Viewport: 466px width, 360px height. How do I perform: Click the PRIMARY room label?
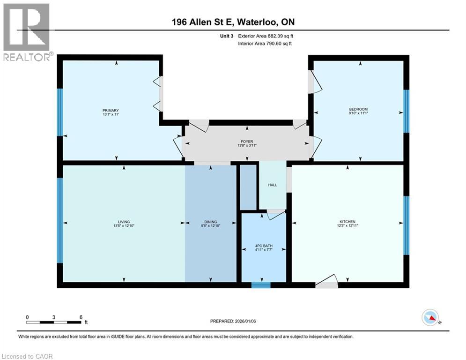coord(111,111)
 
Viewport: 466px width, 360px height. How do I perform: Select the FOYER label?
coord(247,141)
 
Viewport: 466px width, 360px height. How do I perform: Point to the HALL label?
coord(273,185)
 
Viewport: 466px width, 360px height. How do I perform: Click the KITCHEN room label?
coord(348,222)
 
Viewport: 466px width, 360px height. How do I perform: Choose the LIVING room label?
coord(124,222)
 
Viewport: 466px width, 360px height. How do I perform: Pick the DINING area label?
coord(210,222)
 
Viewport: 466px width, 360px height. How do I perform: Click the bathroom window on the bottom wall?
coord(261,285)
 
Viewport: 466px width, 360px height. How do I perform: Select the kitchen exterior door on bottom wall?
coord(326,284)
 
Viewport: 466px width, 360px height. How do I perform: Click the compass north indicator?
coord(430,318)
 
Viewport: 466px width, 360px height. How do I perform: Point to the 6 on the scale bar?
coord(81,317)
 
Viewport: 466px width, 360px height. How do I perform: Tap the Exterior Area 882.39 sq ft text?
coord(266,36)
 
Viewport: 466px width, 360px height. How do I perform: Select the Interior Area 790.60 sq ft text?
coord(265,44)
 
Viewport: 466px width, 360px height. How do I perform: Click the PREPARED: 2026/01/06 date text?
coord(234,321)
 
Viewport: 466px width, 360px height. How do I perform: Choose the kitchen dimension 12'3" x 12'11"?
coord(348,226)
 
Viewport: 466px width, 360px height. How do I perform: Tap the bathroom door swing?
coord(276,215)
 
